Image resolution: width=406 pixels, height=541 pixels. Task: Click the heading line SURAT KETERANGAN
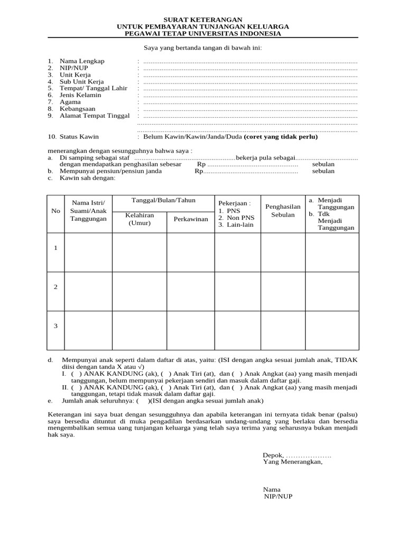[202, 19]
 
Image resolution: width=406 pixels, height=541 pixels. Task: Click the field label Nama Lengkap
[82, 61]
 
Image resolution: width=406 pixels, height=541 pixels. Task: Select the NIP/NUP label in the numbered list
[75, 68]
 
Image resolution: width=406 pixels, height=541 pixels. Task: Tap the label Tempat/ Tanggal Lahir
[93, 88]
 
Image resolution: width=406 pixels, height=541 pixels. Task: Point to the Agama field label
[70, 102]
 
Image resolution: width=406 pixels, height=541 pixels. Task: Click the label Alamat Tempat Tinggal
[94, 116]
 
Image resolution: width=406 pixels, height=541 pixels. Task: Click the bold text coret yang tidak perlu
[281, 136]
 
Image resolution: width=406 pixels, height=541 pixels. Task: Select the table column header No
[56, 211]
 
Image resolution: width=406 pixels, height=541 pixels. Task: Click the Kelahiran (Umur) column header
[140, 219]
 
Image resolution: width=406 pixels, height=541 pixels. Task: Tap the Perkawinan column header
[191, 219]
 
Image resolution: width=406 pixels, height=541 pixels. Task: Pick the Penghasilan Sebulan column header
[283, 211]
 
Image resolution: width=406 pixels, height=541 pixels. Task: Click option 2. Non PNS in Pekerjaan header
[236, 217]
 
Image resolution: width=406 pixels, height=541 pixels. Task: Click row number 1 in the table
[56, 248]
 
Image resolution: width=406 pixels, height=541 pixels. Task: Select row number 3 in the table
[56, 326]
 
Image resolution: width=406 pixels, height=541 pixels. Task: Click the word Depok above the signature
[273, 455]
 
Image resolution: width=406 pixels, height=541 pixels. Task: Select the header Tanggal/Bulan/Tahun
[163, 200]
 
